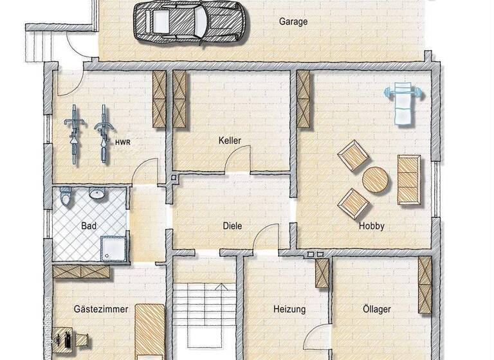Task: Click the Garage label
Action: tap(293, 21)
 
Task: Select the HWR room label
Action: tap(123, 142)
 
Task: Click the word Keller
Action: tap(230, 139)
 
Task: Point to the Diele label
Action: tap(232, 226)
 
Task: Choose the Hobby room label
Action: tap(372, 226)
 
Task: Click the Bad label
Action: tap(89, 226)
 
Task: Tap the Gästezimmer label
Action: tap(101, 309)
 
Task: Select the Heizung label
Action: tap(289, 309)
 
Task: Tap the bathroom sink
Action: tap(98, 194)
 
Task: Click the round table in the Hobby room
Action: tap(375, 181)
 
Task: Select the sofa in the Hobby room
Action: tap(408, 179)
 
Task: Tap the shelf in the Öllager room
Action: tap(425, 285)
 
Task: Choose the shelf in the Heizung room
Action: tap(322, 273)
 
